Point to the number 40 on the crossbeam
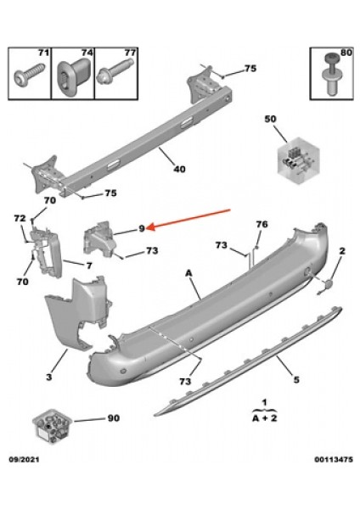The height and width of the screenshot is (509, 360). pos(178,168)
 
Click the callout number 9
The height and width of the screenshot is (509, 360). pos(143,227)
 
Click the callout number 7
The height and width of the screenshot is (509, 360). pos(88,265)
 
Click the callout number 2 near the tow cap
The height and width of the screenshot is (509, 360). pos(342,251)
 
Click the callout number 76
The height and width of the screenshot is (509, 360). pos(261,224)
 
